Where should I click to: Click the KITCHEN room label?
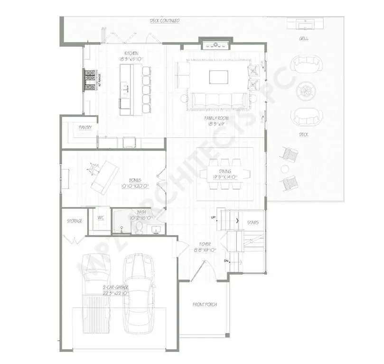(131, 53)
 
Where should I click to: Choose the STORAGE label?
(74, 221)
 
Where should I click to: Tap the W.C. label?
(101, 218)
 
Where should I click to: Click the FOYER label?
(205, 244)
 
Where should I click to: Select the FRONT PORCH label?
(205, 304)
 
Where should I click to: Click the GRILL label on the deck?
(303, 38)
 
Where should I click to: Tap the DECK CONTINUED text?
(164, 21)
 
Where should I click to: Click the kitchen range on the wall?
(90, 80)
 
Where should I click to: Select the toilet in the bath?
(139, 228)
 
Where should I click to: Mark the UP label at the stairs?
(214, 218)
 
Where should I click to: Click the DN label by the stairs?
(226, 261)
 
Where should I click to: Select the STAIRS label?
(253, 222)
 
